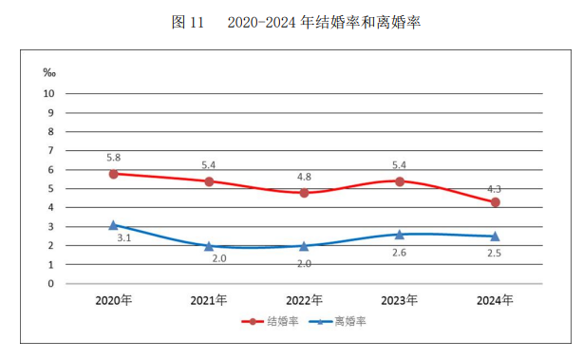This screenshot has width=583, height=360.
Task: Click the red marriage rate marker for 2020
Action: [x=114, y=174]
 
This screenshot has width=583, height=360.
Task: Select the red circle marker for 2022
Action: [x=304, y=193]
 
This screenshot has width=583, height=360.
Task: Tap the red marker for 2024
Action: [x=495, y=202]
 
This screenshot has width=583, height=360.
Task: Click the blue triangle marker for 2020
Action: [x=114, y=225]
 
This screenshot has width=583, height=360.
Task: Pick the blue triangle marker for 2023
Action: [x=400, y=234]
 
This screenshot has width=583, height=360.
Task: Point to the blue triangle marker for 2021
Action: [x=209, y=246]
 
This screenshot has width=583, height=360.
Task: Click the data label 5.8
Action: [x=114, y=158]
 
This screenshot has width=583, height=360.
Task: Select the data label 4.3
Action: [x=494, y=187]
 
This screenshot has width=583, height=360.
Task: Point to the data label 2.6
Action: [x=400, y=253]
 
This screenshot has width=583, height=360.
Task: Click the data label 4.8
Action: [x=304, y=177]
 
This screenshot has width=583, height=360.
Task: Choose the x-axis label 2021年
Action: [x=209, y=300]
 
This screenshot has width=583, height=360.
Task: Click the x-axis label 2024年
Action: [x=495, y=300]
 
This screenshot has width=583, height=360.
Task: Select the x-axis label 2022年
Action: [x=304, y=300]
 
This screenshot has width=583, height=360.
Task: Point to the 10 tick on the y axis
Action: [x=48, y=94]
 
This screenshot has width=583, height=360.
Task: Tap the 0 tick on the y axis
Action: [x=51, y=283]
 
